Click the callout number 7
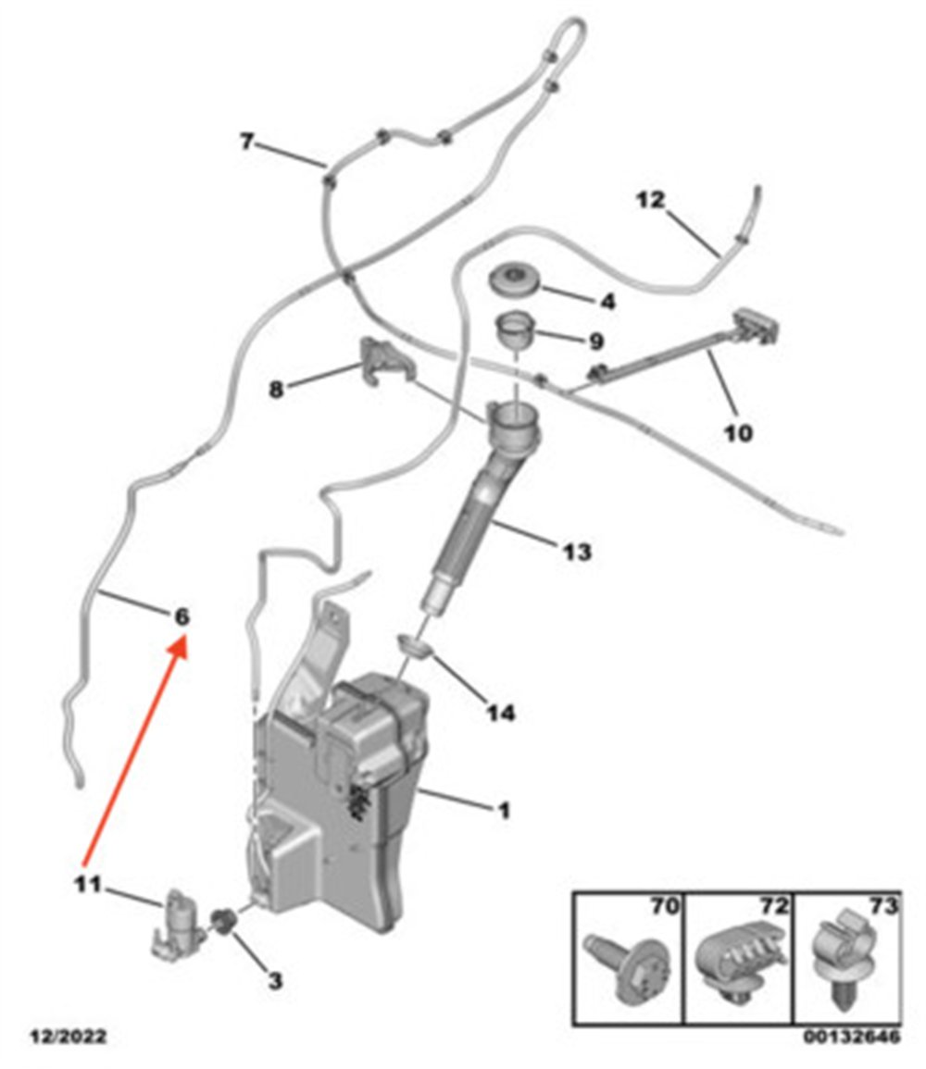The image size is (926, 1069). point(247,142)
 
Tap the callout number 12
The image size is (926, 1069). point(650,200)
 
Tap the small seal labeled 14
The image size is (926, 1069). point(415,644)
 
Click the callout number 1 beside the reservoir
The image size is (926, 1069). point(503,812)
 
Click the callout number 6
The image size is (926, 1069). point(181,617)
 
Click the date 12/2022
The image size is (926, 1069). point(69,1037)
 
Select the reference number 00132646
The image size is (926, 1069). point(852,1037)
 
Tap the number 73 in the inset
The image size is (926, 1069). point(883,906)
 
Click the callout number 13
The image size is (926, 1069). point(576,551)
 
